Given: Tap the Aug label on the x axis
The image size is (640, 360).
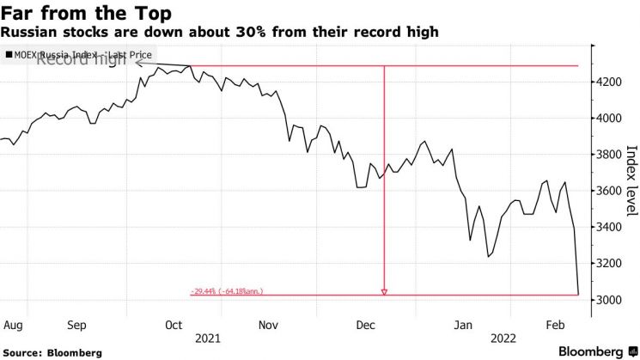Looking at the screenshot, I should coord(12,326).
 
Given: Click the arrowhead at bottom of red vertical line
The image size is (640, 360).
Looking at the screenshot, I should coord(384,292).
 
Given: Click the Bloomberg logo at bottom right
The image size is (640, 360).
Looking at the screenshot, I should coord(598,351).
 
